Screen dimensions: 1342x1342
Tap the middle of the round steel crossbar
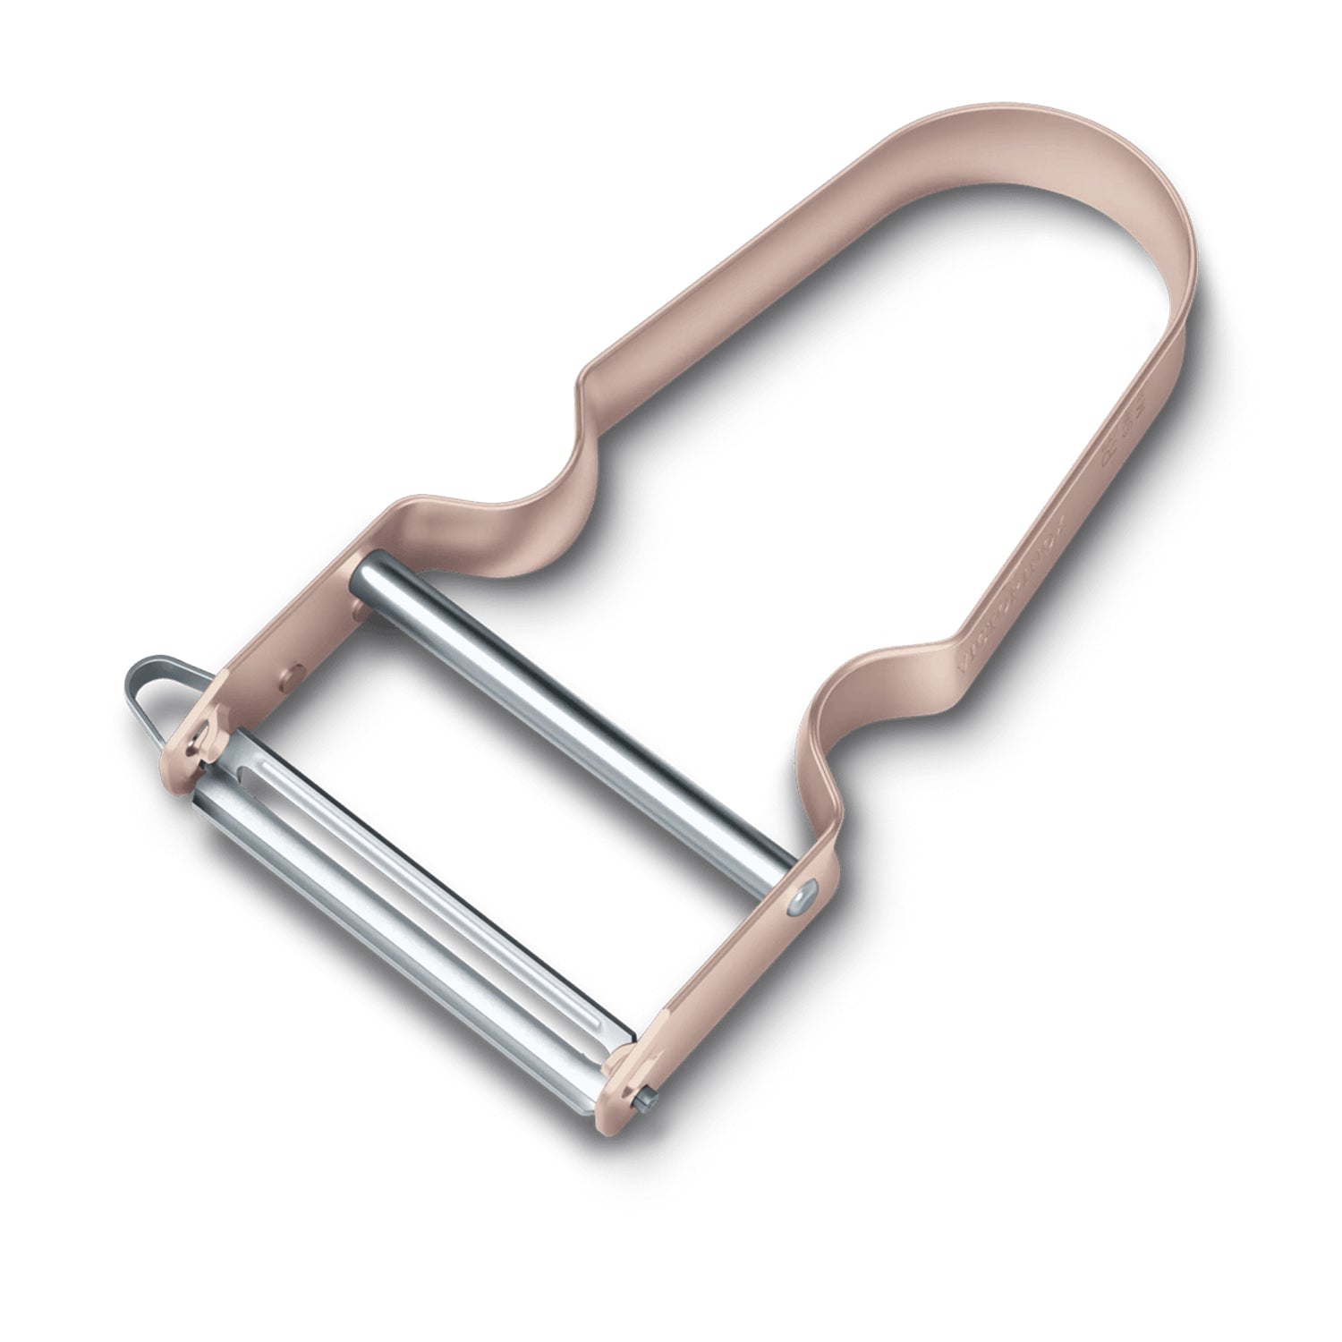pyautogui.click(x=573, y=716)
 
